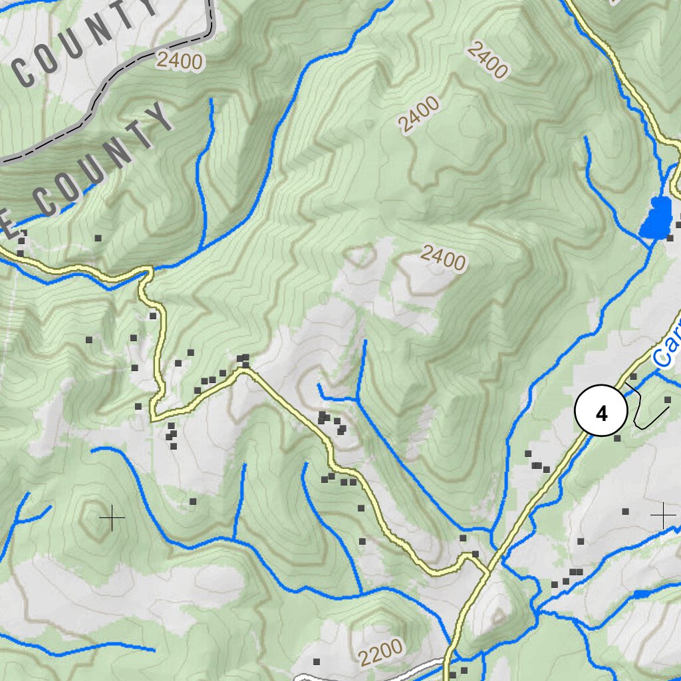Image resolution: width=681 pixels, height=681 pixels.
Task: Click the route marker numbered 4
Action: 601,413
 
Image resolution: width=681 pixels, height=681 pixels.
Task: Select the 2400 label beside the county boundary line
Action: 180,61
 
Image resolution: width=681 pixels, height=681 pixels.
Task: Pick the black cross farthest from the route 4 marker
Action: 112,517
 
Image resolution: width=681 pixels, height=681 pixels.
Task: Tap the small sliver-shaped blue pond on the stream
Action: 642,594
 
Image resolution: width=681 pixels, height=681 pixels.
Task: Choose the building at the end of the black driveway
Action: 668,399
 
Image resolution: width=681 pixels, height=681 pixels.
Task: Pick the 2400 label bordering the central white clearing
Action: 443,257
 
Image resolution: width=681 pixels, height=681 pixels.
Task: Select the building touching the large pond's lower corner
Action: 670,237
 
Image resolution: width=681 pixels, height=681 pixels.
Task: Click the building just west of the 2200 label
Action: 317,662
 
